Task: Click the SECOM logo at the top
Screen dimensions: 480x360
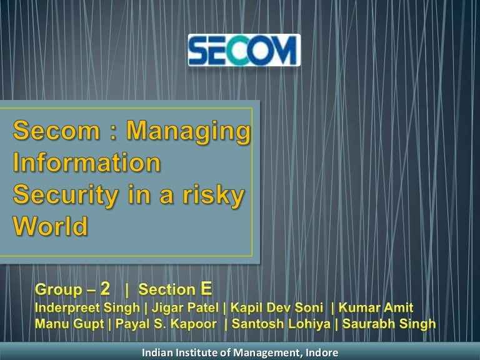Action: (x=244, y=50)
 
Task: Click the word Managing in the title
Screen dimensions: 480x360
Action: (x=188, y=132)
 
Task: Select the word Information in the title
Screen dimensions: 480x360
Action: (x=87, y=162)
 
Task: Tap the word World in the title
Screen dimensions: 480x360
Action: (x=50, y=226)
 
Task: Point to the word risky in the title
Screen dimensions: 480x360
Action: (x=213, y=195)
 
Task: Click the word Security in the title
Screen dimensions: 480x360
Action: (x=66, y=196)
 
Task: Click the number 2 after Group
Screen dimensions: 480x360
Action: (x=105, y=288)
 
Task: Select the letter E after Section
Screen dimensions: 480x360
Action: (x=206, y=288)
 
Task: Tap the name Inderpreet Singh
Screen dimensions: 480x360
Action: (x=87, y=308)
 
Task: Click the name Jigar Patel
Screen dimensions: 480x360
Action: (x=185, y=308)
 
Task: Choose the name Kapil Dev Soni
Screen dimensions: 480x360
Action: (x=276, y=307)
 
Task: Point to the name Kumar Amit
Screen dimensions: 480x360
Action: (x=376, y=307)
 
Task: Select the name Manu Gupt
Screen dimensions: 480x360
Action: (x=69, y=324)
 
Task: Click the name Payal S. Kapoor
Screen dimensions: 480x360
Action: (x=166, y=324)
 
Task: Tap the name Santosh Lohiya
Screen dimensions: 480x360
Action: (x=281, y=324)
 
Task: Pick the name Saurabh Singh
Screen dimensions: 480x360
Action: (x=389, y=324)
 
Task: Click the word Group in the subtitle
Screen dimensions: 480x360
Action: (x=59, y=289)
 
